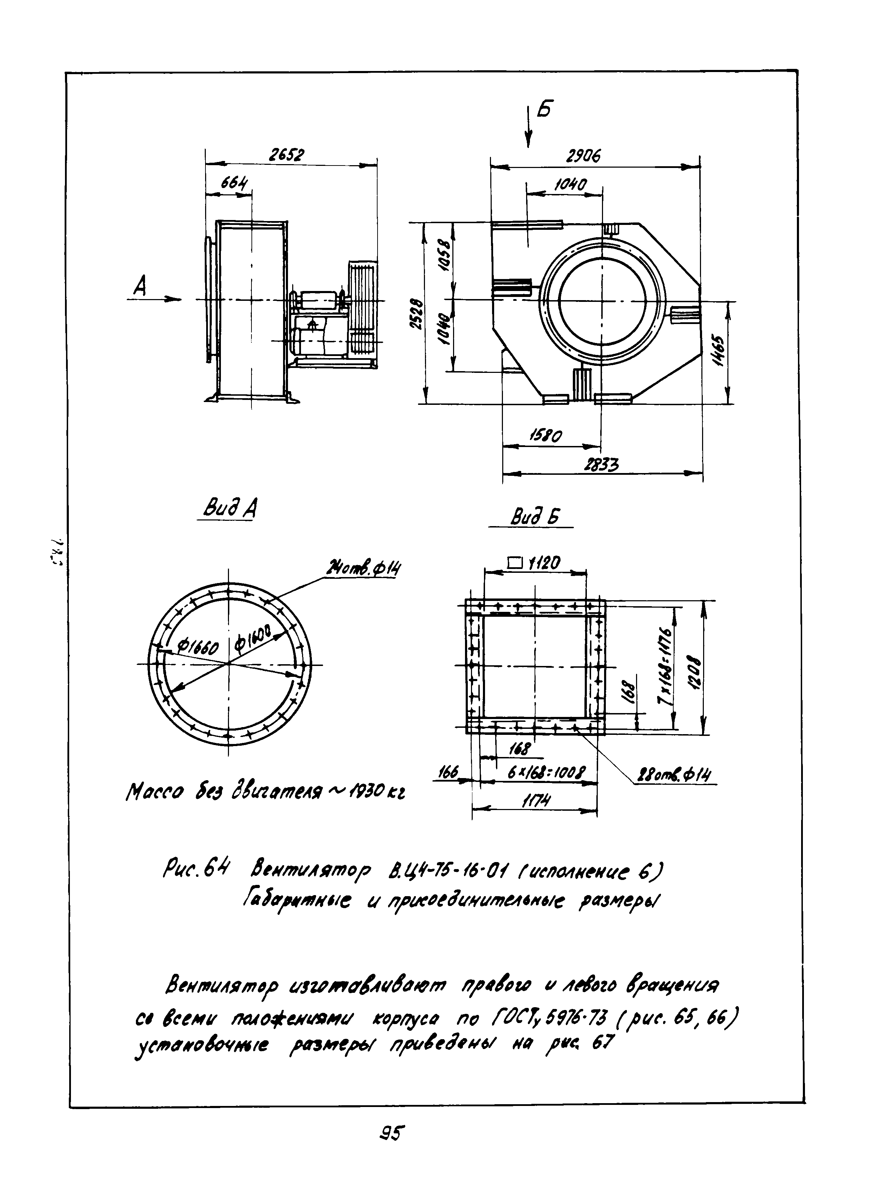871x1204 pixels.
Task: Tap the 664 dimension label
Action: pyautogui.click(x=234, y=183)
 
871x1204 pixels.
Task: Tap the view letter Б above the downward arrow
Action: pyautogui.click(x=543, y=110)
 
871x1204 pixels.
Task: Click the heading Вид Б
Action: pyautogui.click(x=535, y=517)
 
